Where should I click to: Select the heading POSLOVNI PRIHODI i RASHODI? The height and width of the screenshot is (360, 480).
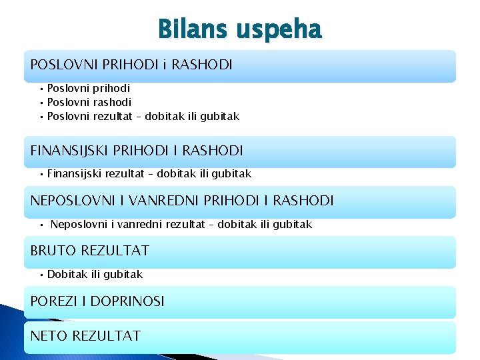[x=131, y=65]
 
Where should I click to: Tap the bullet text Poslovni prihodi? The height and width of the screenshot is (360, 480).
[x=89, y=88]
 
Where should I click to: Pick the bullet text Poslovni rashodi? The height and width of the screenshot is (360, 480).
[x=89, y=102]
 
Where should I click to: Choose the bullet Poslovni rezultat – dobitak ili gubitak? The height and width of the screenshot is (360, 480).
[x=143, y=116]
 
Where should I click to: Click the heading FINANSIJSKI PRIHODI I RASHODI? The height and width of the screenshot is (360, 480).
[x=137, y=151]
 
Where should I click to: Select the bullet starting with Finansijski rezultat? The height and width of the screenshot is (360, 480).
[x=149, y=173]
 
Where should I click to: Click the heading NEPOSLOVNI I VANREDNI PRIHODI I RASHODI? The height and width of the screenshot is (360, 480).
[x=182, y=201]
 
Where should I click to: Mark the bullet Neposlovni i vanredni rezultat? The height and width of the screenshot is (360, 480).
[x=181, y=224]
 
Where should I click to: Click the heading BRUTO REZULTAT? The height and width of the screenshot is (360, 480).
[x=89, y=251]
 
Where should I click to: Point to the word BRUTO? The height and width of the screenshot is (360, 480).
[x=53, y=251]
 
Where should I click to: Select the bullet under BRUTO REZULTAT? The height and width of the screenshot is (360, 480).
[x=95, y=274]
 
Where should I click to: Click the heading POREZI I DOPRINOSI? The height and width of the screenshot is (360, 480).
[x=97, y=301]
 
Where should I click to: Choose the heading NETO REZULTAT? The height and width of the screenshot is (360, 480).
[x=85, y=335]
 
